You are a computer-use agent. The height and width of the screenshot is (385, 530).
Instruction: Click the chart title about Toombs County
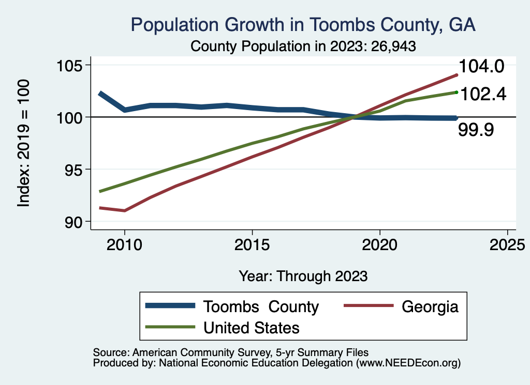click(303, 24)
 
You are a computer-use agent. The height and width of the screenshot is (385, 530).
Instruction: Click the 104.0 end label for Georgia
click(481, 67)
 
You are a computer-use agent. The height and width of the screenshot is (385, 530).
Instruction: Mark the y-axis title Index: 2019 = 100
click(23, 143)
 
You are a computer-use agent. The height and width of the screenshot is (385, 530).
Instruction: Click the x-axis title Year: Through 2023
click(303, 276)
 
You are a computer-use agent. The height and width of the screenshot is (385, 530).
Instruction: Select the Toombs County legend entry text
click(261, 306)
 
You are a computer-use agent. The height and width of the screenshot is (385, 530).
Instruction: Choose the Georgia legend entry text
click(430, 306)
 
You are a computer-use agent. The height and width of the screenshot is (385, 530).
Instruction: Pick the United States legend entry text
click(252, 328)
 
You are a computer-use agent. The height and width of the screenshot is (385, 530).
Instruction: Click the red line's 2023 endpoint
click(457, 75)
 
